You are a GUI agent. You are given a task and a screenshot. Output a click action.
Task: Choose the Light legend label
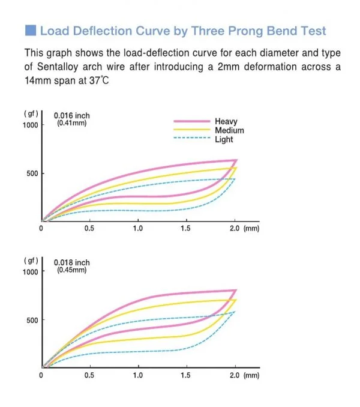(x=224, y=139)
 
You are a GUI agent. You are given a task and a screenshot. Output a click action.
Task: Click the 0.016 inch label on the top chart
(x=72, y=116)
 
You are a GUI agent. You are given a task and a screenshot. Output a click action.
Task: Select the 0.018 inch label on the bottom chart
(x=72, y=262)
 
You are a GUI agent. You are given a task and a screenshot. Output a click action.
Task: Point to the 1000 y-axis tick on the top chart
(x=31, y=125)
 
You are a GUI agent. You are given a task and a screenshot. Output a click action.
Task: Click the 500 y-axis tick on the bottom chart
(x=32, y=320)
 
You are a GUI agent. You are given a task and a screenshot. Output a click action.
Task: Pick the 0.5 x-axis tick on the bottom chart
(x=89, y=375)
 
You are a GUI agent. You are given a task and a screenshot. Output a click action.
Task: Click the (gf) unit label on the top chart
(x=31, y=113)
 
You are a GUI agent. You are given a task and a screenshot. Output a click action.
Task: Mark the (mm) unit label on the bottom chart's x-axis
(x=252, y=375)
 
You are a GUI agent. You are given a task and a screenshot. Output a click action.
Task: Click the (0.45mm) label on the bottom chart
(x=71, y=270)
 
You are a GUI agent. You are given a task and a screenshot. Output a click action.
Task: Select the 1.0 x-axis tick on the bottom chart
(x=137, y=375)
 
